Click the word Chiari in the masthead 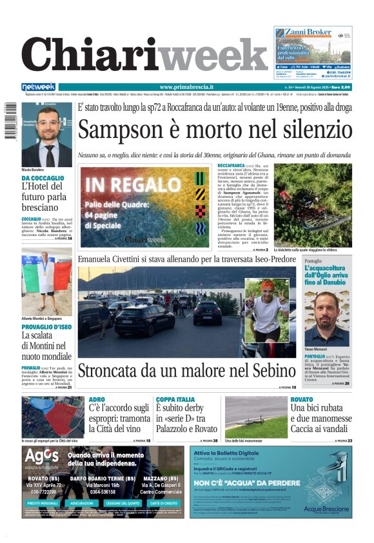pyautogui.click(x=90, y=55)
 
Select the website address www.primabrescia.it pyautogui.click(x=186, y=87)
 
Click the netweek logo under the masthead pyautogui.click(x=39, y=87)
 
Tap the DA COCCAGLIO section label pyautogui.click(x=43, y=177)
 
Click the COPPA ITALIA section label pyautogui.click(x=175, y=400)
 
